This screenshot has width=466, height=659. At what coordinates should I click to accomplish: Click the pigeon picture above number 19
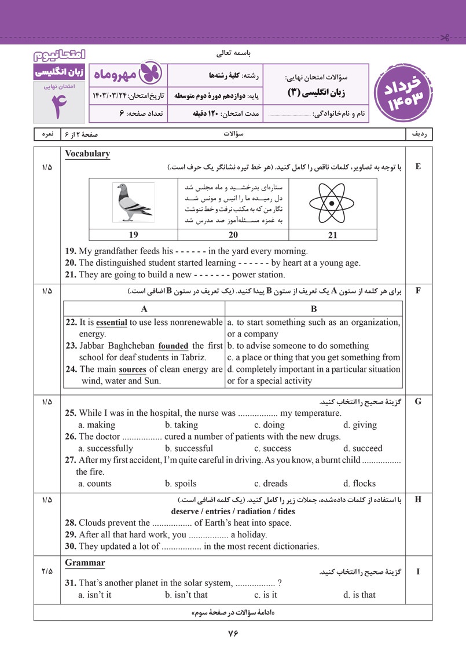click(x=133, y=202)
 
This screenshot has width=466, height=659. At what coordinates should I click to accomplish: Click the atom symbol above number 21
click(x=332, y=203)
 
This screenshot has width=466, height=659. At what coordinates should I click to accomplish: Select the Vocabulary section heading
click(x=87, y=154)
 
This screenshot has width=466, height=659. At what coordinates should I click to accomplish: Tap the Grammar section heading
click(x=85, y=562)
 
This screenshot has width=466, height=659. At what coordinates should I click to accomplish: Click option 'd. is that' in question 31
click(x=359, y=595)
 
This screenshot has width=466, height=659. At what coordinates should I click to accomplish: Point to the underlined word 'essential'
click(x=112, y=323)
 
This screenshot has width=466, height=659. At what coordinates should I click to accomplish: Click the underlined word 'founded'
click(x=173, y=346)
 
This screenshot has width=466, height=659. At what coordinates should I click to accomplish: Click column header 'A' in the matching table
click(x=144, y=309)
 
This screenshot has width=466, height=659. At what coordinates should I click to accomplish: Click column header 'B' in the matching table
click(x=314, y=309)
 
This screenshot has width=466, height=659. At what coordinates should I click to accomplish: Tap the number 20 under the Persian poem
click(x=233, y=235)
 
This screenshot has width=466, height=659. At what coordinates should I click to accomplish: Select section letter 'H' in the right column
click(x=418, y=499)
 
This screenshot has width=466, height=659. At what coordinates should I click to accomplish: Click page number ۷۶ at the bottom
click(x=233, y=633)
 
